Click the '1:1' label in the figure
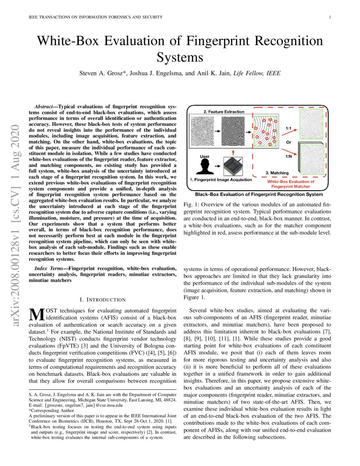click(x=288, y=128)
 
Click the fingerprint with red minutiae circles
click(x=265, y=132)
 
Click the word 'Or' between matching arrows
click(x=288, y=142)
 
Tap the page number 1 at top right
click(x=330, y=17)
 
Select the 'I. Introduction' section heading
click(x=100, y=300)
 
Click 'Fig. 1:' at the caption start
click(x=191, y=204)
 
